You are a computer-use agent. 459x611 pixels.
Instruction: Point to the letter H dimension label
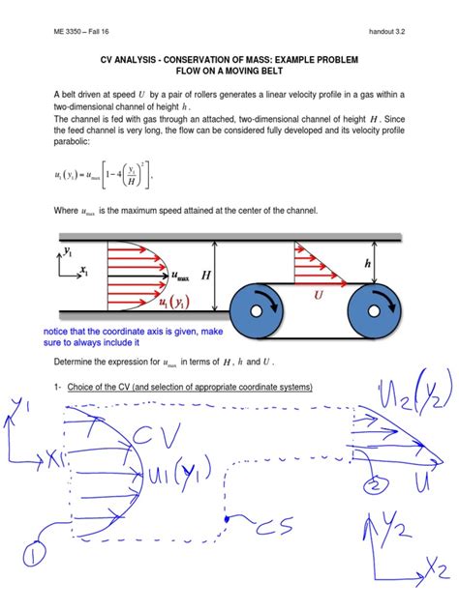coord(206,276)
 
